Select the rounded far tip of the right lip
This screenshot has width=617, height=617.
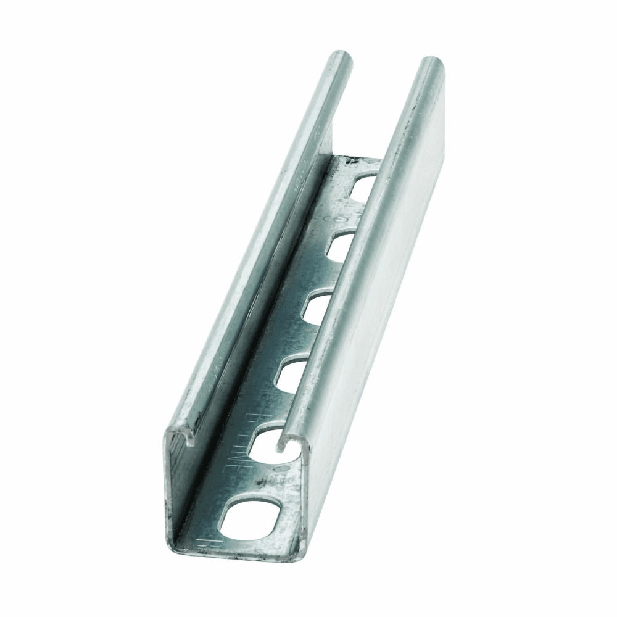point(429,62)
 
